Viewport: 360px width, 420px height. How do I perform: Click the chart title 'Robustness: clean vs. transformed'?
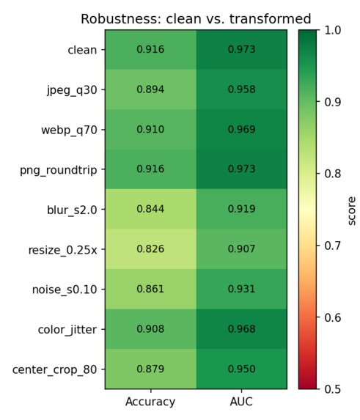196,19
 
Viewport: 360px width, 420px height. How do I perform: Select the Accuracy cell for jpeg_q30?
150,89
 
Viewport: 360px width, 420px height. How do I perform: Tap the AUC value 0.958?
242,89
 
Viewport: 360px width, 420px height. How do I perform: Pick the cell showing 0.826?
150,249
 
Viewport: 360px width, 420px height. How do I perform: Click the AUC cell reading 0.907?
242,249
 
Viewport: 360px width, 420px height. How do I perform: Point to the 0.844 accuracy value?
150,209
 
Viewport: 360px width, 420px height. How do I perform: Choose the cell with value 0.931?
242,289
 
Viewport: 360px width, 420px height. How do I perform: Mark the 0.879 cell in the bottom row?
150,369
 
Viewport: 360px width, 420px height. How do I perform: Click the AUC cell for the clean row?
242,50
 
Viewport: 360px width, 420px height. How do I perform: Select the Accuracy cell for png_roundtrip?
150,169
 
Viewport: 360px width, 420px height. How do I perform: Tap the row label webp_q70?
69,130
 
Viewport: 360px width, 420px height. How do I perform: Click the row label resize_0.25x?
62,250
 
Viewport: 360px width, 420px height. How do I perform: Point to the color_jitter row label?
67,330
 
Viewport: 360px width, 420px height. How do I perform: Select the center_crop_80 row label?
55,370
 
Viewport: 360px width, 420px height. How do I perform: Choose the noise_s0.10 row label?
65,290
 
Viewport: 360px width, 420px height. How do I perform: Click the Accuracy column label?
150,402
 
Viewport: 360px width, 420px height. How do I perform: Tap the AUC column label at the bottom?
241,402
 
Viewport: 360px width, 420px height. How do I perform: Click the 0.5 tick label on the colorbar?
333,389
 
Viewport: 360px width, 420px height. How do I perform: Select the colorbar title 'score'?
352,211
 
